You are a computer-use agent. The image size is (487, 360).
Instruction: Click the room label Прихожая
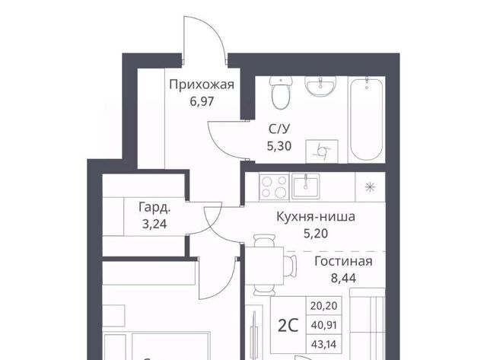(x=202, y=84)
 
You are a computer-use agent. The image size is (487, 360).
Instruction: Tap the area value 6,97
(x=202, y=101)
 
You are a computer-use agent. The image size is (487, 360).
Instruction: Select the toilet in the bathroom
(x=281, y=93)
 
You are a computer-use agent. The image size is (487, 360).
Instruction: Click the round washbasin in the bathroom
(x=320, y=85)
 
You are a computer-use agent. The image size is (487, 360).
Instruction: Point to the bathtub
(x=367, y=119)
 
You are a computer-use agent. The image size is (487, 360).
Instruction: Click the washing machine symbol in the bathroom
(x=322, y=151)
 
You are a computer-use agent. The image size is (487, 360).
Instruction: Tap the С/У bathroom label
(x=279, y=129)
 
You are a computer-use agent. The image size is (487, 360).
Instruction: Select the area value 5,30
(x=279, y=145)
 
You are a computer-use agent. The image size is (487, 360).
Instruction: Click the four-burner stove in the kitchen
(x=274, y=186)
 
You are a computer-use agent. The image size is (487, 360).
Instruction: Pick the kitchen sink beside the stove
(x=306, y=186)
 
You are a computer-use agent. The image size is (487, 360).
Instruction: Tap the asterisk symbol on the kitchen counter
(x=370, y=187)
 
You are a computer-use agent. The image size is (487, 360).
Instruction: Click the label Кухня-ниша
(x=316, y=217)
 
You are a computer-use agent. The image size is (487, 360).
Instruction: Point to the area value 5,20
(x=316, y=233)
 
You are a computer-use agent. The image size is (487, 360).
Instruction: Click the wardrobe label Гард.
(x=154, y=208)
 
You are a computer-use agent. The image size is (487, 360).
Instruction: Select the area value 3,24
(x=154, y=224)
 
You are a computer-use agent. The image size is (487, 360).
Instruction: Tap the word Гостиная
(x=343, y=261)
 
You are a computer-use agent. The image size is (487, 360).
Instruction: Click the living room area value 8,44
(x=343, y=278)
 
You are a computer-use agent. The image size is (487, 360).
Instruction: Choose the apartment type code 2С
(x=288, y=326)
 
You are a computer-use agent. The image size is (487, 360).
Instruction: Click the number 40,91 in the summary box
(x=323, y=325)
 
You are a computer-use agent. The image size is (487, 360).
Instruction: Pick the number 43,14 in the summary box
(x=323, y=344)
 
